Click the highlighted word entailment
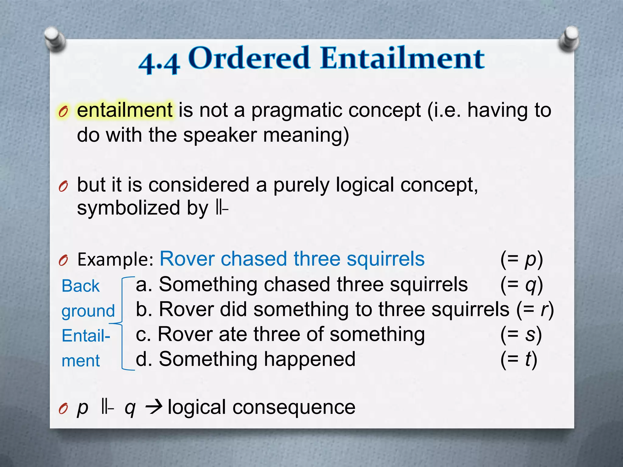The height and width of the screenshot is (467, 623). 125,110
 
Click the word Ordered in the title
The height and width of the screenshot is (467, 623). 249,58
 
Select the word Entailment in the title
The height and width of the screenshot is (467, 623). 402,58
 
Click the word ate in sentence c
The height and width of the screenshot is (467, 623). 233,334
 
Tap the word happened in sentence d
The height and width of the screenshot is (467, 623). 309,359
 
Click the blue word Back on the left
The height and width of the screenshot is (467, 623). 81,286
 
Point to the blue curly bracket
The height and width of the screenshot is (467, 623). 123,323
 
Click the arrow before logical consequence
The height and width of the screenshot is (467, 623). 154,407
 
